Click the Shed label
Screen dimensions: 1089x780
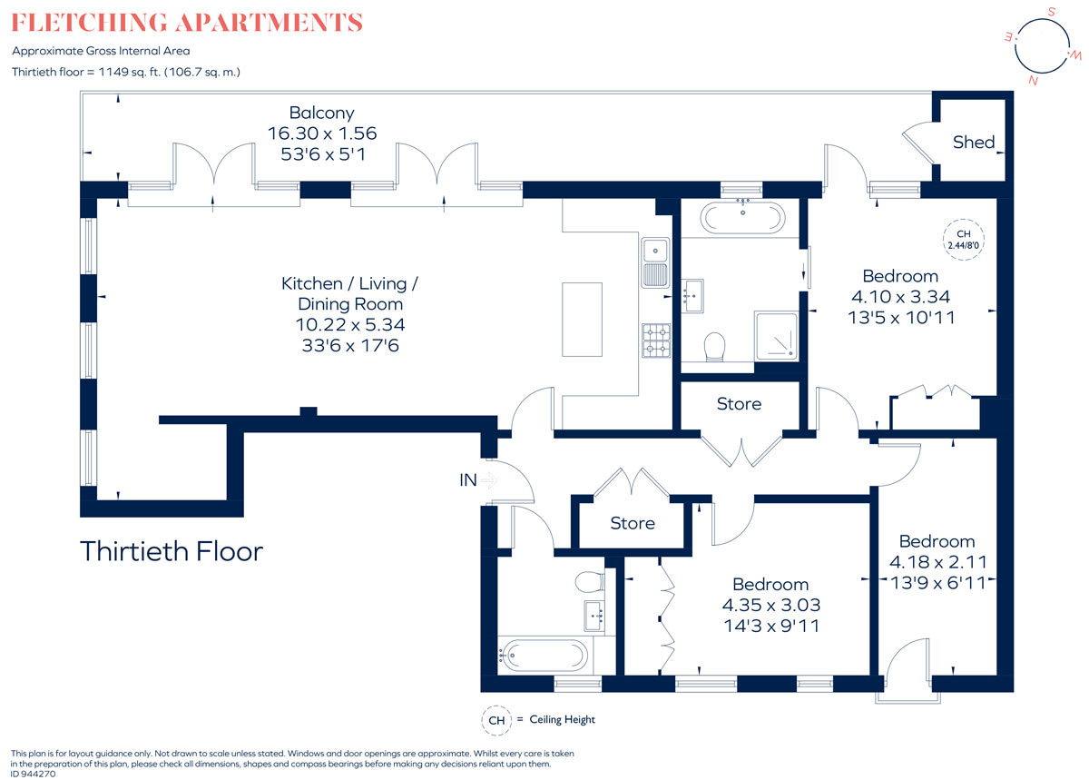pos(973,142)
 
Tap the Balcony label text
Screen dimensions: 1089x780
pos(322,113)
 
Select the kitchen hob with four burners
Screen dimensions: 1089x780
pos(656,341)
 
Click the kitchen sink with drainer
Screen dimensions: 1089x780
pos(655,262)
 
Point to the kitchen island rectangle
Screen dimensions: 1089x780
pos(582,320)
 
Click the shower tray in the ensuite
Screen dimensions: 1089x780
pos(776,336)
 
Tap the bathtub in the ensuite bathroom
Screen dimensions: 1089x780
pos(742,218)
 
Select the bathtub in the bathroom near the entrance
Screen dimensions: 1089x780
pos(544,656)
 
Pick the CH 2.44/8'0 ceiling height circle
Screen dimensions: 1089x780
pos(964,240)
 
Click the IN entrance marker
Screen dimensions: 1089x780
pos(468,480)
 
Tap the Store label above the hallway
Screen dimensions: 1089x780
pos(739,404)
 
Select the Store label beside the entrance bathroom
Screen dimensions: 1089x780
pos(633,523)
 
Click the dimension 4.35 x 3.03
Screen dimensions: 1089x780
pos(771,605)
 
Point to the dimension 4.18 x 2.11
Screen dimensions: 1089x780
pos(937,562)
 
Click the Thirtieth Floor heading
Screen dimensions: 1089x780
pos(172,551)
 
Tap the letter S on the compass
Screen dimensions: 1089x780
pos(1052,12)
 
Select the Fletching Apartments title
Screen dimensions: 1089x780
pos(187,23)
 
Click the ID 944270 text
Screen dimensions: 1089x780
pos(33,774)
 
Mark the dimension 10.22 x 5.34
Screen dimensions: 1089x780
pos(350,324)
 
